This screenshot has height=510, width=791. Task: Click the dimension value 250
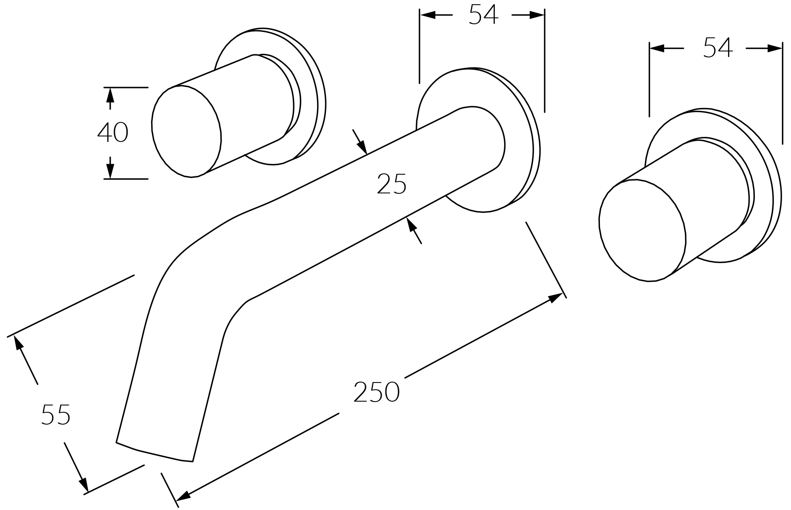tap(377, 392)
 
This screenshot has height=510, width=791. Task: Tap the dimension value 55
tap(56, 415)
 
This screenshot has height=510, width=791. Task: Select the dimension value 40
tap(113, 132)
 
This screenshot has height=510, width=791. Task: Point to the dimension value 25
tap(392, 184)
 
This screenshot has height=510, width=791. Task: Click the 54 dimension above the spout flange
tap(483, 14)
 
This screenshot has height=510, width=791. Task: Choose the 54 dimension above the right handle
tap(718, 48)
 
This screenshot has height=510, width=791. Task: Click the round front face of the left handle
tap(186, 131)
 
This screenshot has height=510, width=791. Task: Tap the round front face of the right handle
tap(642, 230)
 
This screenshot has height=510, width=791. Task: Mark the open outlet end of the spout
tap(155, 452)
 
